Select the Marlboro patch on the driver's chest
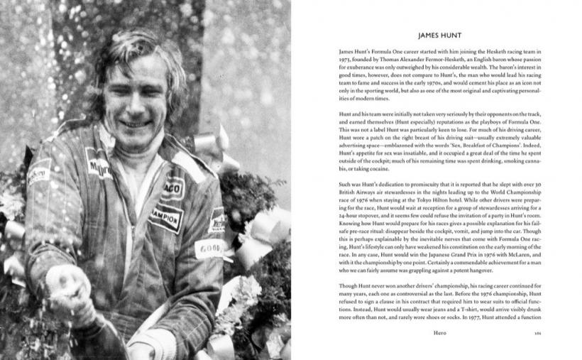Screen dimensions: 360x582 (99, 168)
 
